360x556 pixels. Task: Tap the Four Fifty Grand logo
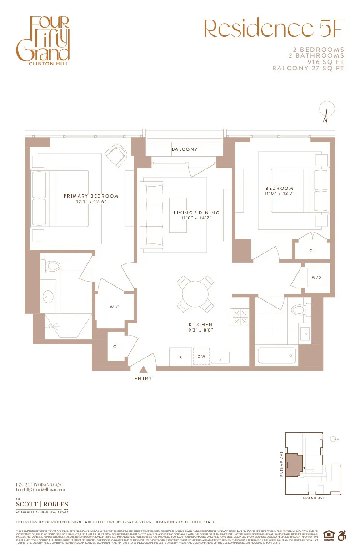(x=43, y=41)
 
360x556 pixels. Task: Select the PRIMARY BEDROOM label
(x=91, y=196)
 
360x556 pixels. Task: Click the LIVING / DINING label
(x=196, y=213)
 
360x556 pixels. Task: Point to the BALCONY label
(x=185, y=149)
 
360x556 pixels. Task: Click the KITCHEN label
(x=200, y=325)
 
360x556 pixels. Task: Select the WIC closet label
(x=115, y=308)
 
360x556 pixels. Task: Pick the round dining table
(x=195, y=294)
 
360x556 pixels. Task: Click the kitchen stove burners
(x=240, y=317)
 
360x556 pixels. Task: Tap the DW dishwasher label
(x=201, y=357)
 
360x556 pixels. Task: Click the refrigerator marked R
(x=180, y=357)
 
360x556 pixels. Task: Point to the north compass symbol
(x=326, y=111)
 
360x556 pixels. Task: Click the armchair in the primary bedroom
(x=116, y=155)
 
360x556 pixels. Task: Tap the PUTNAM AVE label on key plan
(x=282, y=464)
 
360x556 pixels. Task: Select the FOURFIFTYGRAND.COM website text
(x=39, y=485)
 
